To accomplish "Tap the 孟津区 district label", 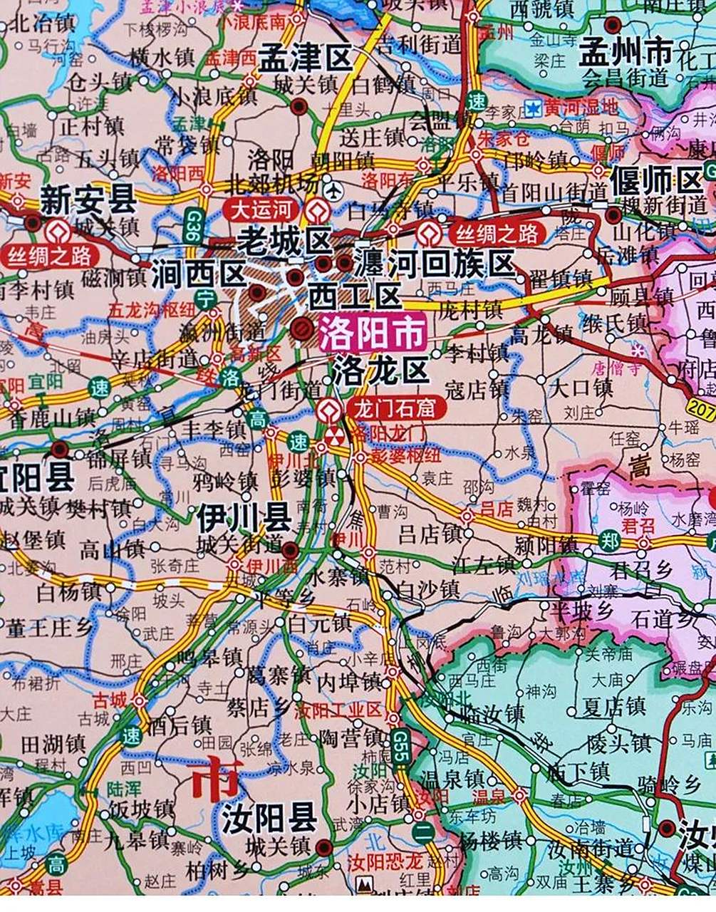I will (306, 58).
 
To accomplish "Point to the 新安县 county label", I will (88, 199).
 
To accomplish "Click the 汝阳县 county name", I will (269, 818).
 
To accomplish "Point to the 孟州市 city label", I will (626, 51).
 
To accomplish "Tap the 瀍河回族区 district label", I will (435, 263).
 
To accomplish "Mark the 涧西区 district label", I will (198, 273).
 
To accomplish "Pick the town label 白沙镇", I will (429, 589).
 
